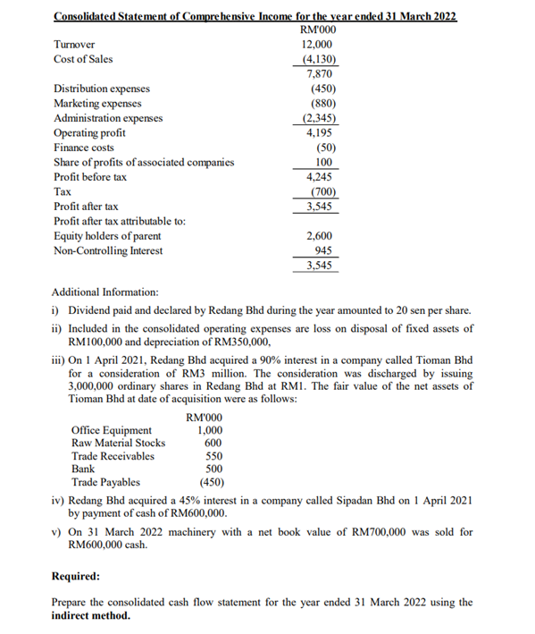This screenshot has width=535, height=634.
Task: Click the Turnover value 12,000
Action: [x=319, y=44]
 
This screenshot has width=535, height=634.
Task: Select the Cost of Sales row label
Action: [x=83, y=59]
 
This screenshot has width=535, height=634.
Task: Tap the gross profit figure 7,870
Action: [x=321, y=74]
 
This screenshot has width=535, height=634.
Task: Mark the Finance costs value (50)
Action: [x=324, y=148]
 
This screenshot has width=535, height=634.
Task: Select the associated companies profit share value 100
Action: [x=324, y=162]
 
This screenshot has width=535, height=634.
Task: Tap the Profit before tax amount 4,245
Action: [x=321, y=177]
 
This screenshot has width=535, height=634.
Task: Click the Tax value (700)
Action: [x=321, y=191]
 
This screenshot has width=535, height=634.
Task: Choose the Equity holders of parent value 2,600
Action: [x=321, y=236]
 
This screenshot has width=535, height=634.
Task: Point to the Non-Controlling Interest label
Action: [x=108, y=250]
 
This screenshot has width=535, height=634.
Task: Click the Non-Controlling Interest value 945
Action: [x=323, y=250]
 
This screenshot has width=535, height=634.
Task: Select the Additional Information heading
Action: [x=105, y=292]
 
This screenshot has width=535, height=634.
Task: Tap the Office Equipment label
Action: [x=113, y=430]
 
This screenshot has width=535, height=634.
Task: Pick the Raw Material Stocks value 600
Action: [x=213, y=443]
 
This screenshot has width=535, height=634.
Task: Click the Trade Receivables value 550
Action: [x=213, y=456]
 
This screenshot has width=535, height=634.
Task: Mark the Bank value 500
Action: [x=213, y=469]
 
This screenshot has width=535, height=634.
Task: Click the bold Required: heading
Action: [x=76, y=577]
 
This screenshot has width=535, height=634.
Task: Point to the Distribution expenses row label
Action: [x=102, y=89]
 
